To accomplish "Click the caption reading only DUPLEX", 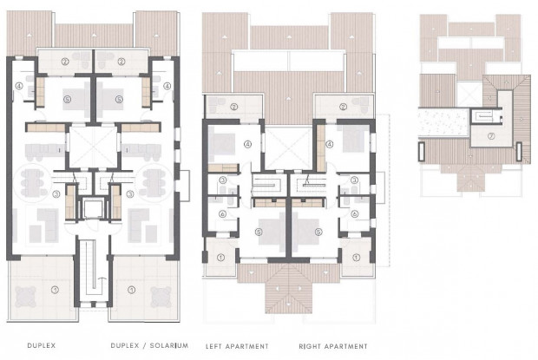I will click(42, 345).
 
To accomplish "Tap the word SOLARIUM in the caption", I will click(167, 345).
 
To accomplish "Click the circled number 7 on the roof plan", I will click(491, 136).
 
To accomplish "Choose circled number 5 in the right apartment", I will click(318, 232).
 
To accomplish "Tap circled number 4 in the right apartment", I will click(331, 145).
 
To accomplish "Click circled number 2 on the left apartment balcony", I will click(234, 107).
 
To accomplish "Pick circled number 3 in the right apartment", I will click(354, 180).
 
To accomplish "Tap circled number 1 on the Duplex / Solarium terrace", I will click(132, 289).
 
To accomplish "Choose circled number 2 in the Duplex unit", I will click(65, 61).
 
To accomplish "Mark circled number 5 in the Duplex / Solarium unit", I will click(120, 101).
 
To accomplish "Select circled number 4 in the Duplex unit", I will click(19, 86).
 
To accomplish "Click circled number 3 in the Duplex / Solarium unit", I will click(128, 194).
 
